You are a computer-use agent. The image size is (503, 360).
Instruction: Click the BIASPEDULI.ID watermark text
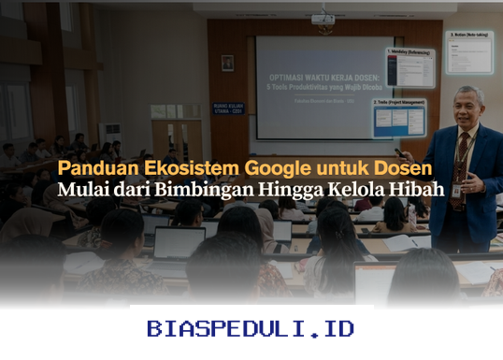tap(251, 329)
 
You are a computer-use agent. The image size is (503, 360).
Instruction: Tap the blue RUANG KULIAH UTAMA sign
tap(227, 108)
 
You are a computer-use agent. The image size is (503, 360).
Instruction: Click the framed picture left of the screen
tap(227, 63)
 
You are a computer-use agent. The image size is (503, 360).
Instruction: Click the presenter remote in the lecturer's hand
tap(400, 152)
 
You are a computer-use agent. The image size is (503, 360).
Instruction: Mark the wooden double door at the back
tap(177, 136)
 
